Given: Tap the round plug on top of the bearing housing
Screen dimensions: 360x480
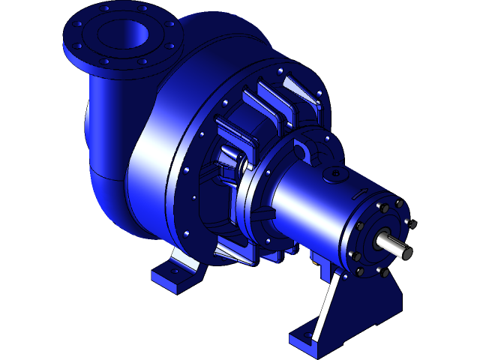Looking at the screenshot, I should (333, 174).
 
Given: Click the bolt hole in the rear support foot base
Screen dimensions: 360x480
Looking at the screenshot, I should (307, 338).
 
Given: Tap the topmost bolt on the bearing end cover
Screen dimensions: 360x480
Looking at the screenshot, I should (398, 202).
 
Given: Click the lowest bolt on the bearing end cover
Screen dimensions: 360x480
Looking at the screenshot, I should (359, 272).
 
